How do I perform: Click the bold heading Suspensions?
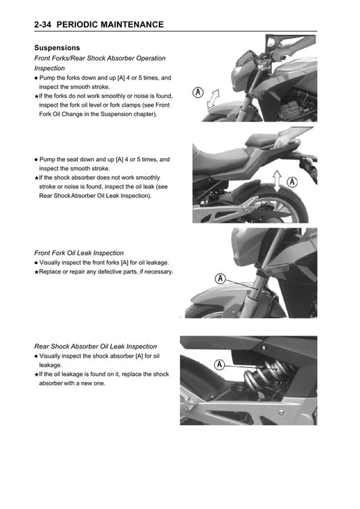tap(57, 48)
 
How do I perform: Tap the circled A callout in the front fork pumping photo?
tap(198, 92)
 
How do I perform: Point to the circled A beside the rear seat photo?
tap(292, 181)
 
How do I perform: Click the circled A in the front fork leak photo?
tap(220, 278)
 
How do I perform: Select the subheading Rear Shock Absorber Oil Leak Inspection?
tap(95, 346)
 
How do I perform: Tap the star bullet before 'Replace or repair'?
tap(36, 272)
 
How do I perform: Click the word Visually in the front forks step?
tap(52, 262)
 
